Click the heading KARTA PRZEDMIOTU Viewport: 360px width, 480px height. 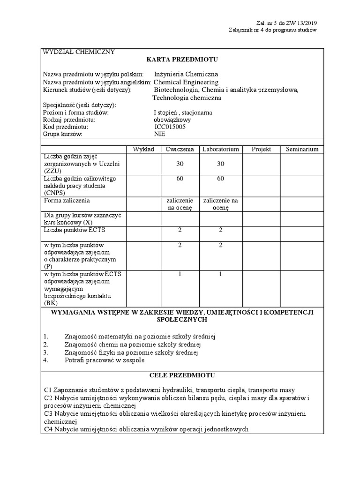pos(182,59)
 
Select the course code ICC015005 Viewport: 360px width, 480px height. pos(170,127)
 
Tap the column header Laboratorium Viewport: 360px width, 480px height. pos(220,149)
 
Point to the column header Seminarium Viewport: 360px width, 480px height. pos(302,149)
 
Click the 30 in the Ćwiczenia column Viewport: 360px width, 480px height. pos(180,164)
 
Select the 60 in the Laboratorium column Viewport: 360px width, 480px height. pos(220,179)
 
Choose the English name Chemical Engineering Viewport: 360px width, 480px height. pos(186,82)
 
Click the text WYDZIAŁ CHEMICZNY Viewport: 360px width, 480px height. pos(79,52)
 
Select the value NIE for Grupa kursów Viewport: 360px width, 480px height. pos(160,134)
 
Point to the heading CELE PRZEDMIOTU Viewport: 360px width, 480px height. pos(182,375)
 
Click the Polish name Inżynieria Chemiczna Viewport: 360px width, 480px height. pos(186,74)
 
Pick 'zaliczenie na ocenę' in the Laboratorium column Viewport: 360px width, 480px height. pos(220,204)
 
